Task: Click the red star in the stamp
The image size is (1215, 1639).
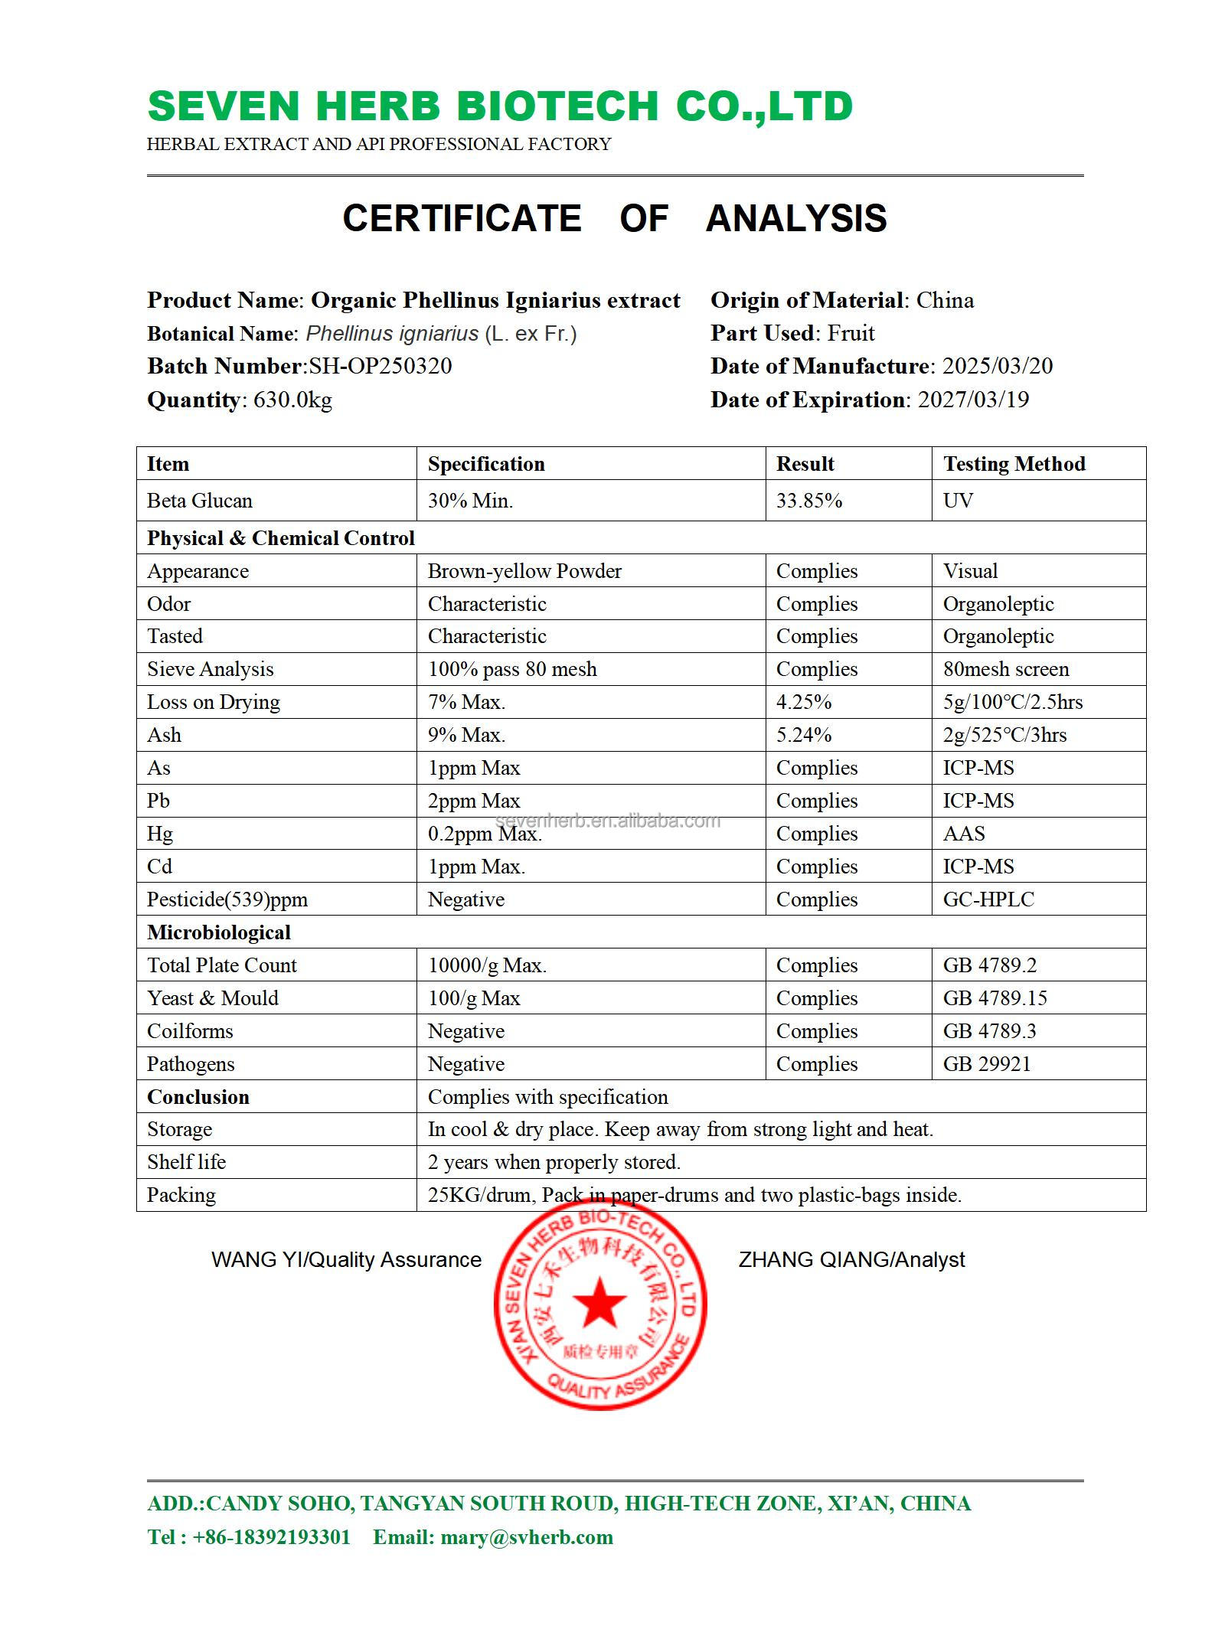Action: click(x=600, y=1302)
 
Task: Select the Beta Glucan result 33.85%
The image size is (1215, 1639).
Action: click(x=808, y=501)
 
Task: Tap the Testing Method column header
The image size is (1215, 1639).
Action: click(x=1014, y=464)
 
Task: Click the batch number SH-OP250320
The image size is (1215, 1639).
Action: click(x=380, y=366)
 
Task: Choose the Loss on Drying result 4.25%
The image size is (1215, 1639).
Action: click(x=803, y=702)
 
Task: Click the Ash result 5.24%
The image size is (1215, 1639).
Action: click(x=803, y=735)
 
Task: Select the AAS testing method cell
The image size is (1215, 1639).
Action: click(x=963, y=834)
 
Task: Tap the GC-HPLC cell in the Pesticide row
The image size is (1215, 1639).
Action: click(x=988, y=899)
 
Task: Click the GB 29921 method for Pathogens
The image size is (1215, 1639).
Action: click(x=986, y=1064)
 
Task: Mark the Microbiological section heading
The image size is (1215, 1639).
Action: click(x=219, y=932)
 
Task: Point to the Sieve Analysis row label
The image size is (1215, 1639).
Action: click(x=210, y=669)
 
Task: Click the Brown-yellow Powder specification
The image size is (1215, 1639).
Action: click(x=524, y=571)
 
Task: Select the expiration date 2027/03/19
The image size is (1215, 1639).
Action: click(x=973, y=400)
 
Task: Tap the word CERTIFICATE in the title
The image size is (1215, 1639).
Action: click(x=462, y=219)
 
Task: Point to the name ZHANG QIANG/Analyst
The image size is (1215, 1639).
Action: click(x=851, y=1259)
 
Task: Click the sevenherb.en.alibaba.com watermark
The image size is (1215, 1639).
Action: click(x=609, y=821)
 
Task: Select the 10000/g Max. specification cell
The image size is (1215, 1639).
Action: click(x=487, y=965)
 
